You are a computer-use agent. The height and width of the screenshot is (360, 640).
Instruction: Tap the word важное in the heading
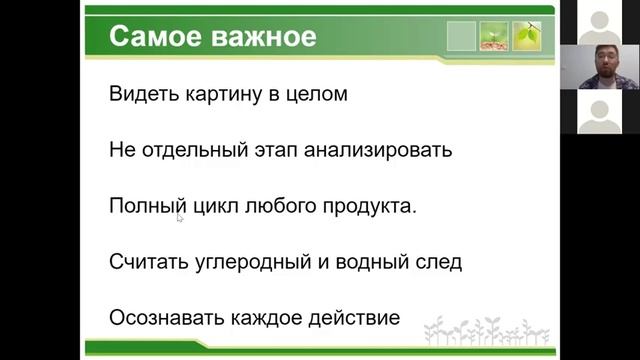[x=257, y=37]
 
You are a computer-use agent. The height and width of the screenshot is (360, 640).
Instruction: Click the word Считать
[x=150, y=263]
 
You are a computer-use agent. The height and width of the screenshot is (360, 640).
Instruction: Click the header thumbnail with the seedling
[x=493, y=37]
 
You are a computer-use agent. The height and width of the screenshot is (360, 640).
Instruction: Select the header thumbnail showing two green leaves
[x=526, y=37]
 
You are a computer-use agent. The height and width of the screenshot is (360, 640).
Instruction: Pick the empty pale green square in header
[x=461, y=37]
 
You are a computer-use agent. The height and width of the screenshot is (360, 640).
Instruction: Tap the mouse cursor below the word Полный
[x=180, y=216]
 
